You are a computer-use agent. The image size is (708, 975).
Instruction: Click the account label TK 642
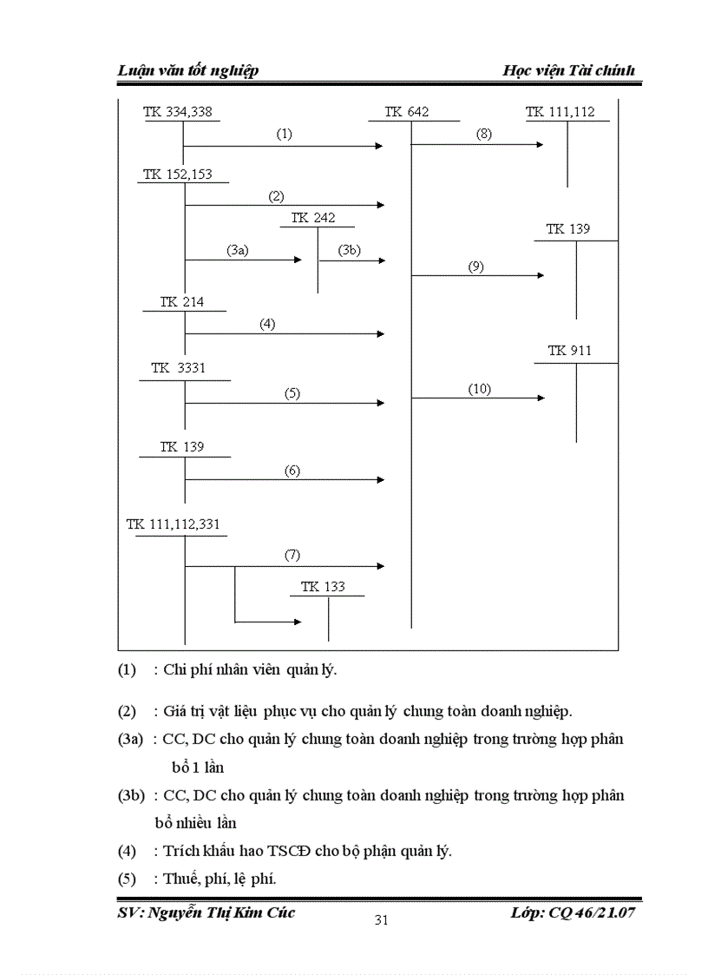406,112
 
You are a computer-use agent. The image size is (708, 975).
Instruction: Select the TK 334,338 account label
178,112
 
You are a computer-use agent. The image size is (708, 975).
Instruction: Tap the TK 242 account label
312,218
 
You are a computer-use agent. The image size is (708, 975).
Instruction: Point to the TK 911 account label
569,351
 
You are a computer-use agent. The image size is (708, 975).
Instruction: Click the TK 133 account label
323,587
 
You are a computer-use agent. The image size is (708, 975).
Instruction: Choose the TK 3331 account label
179,368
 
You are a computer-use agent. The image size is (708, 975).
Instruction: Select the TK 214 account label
181,302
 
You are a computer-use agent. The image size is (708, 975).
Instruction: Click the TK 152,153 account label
178,174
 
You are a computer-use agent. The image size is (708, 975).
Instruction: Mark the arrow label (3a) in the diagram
238,250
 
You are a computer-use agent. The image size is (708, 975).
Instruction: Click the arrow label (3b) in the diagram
349,250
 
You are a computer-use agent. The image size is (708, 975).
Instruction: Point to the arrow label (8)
483,135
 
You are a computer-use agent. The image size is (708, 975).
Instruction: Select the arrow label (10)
480,389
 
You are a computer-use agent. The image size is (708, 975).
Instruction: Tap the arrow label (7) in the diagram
292,555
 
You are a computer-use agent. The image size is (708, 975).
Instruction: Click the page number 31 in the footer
380,921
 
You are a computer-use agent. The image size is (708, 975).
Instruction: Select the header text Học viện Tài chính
568,70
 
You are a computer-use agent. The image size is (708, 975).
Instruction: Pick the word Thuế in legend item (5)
180,879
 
